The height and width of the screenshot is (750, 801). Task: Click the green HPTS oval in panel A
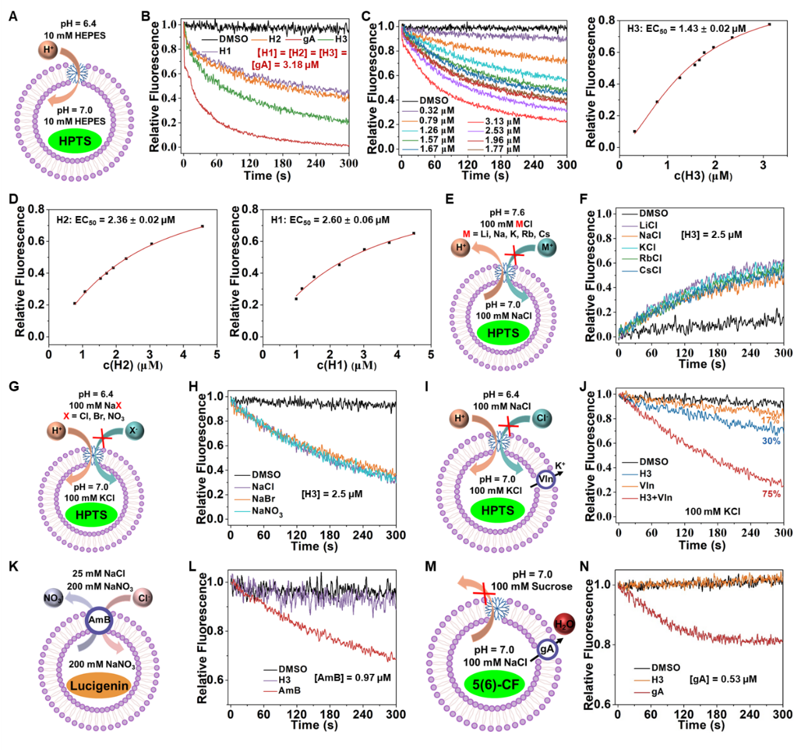[x=74, y=141]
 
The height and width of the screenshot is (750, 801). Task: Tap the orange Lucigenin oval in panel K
[x=99, y=686]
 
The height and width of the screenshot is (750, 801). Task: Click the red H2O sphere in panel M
[x=564, y=624]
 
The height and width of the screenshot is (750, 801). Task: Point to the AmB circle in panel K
[x=99, y=620]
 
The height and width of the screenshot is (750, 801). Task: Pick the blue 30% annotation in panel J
[x=771, y=441]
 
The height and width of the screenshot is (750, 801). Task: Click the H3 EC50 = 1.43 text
[x=686, y=29]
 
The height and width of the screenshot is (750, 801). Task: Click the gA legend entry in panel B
[x=308, y=39]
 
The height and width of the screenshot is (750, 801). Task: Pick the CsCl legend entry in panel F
[x=650, y=270]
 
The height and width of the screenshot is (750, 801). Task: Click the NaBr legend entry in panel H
[x=263, y=498]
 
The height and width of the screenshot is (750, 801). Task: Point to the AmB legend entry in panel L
[x=289, y=691]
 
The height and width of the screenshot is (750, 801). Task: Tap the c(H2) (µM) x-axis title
[x=132, y=365]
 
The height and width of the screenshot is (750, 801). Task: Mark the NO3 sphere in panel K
[x=53, y=599]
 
